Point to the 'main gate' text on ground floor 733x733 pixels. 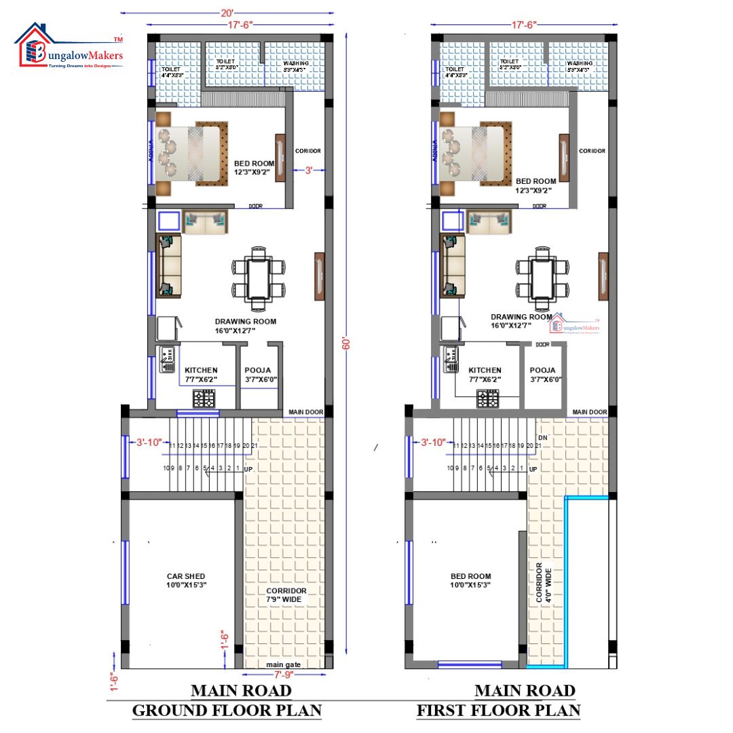pyautogui.click(x=283, y=664)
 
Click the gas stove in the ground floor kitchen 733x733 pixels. pyautogui.click(x=204, y=398)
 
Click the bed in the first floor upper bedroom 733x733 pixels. pyautogui.click(x=475, y=152)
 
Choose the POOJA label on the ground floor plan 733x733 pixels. pyautogui.click(x=257, y=370)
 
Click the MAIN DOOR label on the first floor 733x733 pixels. pyautogui.click(x=589, y=412)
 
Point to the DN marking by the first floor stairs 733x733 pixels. pyautogui.click(x=542, y=438)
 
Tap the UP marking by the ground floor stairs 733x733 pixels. pyautogui.click(x=248, y=469)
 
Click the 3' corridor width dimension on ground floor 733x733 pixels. pyautogui.click(x=308, y=172)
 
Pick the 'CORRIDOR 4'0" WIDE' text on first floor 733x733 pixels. pyautogui.click(x=544, y=582)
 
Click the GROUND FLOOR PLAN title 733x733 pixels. pyautogui.click(x=226, y=711)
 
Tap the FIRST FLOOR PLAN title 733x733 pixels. pyautogui.click(x=498, y=711)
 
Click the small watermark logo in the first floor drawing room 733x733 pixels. pyautogui.click(x=575, y=324)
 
